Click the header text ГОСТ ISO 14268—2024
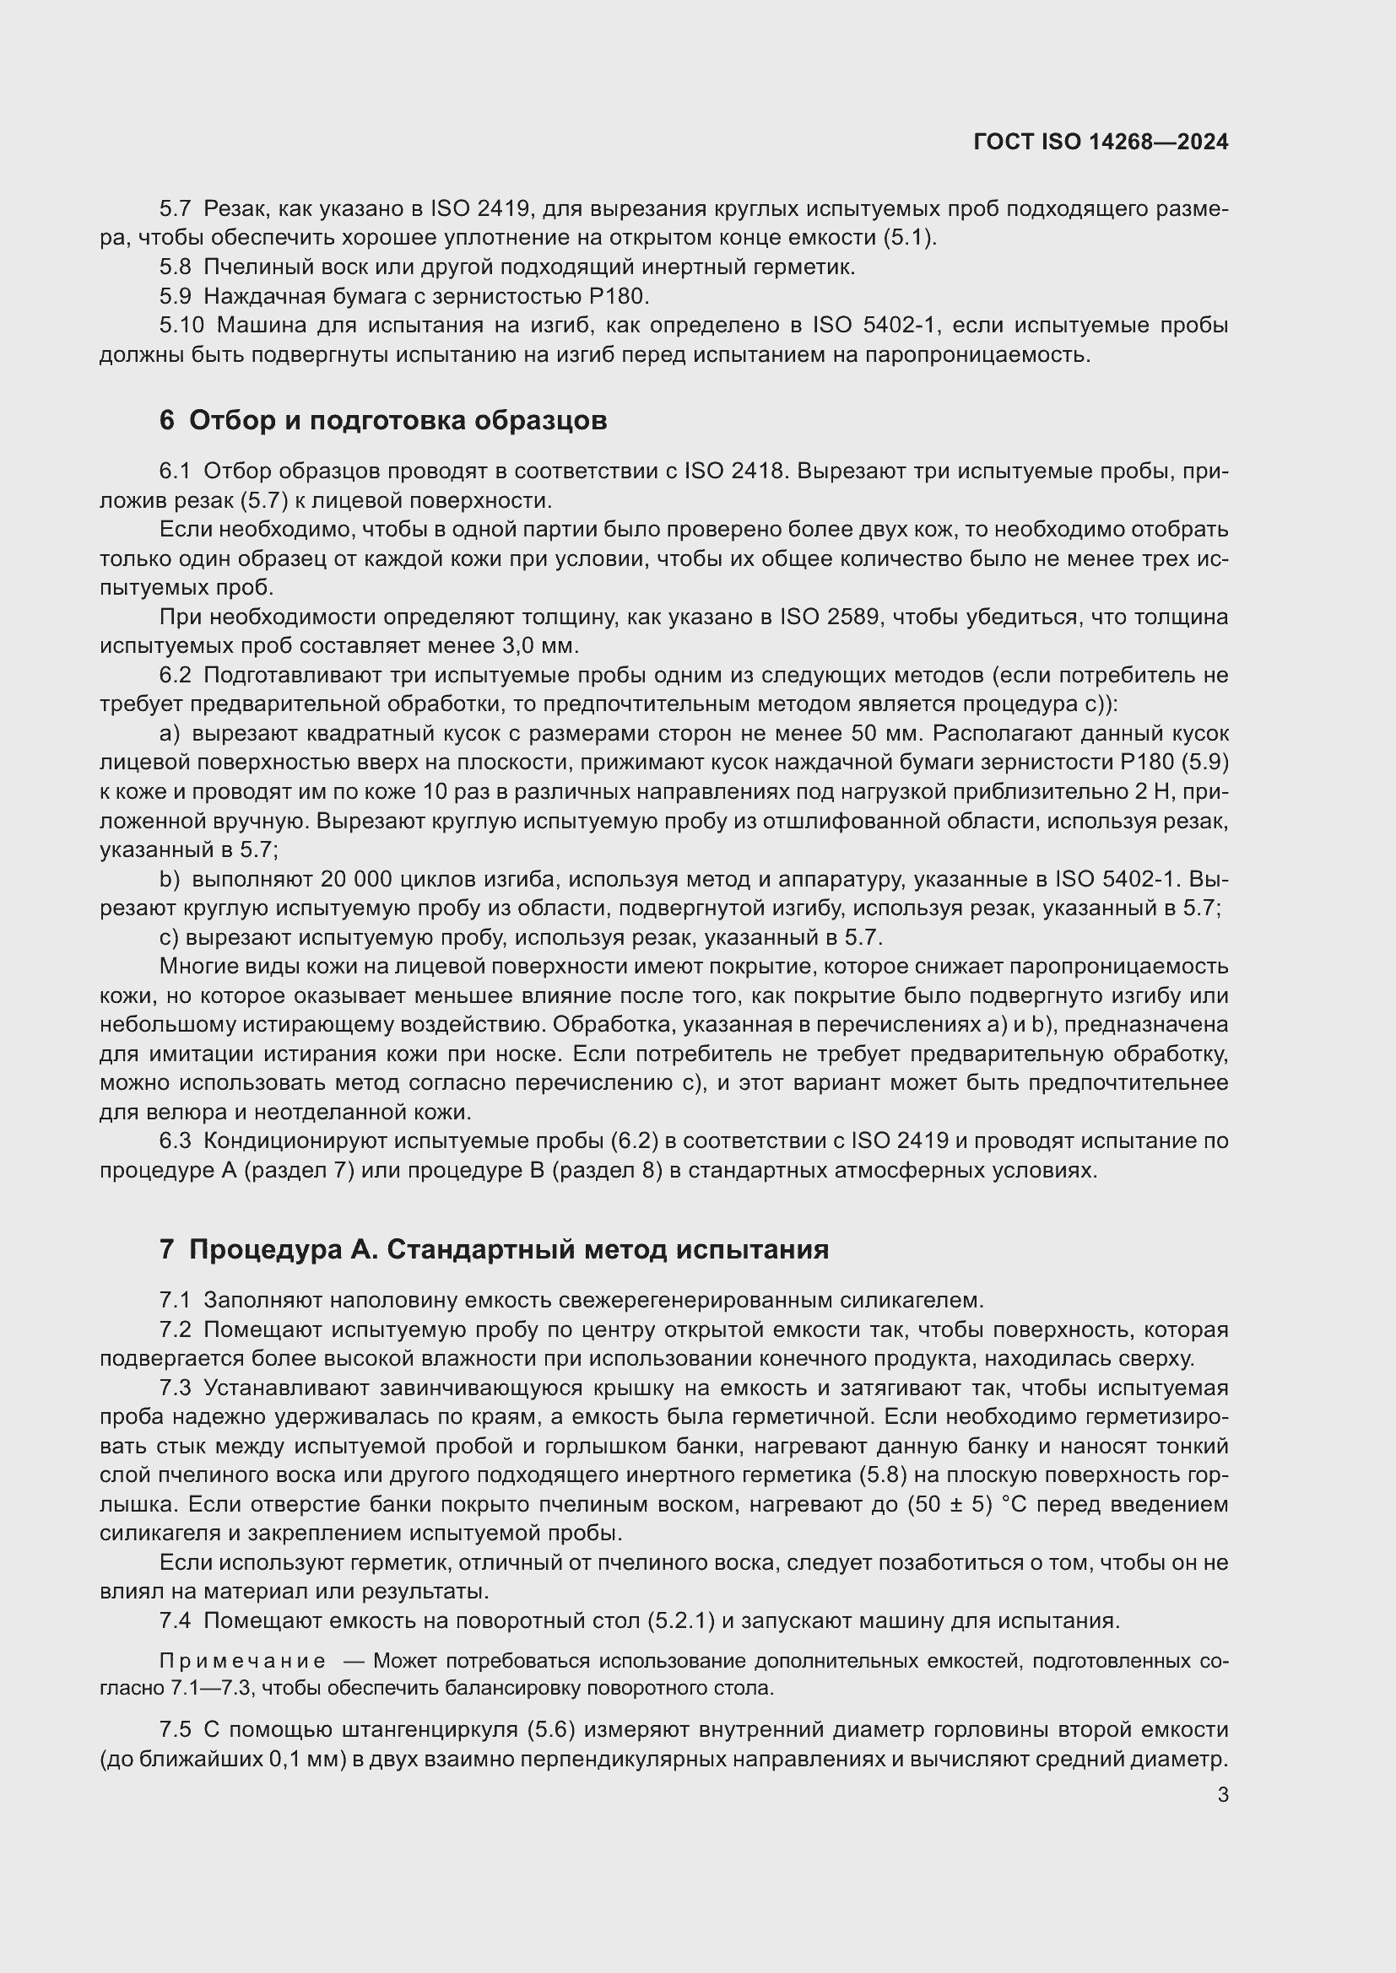click(x=1101, y=142)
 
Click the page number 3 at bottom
click(x=1222, y=1795)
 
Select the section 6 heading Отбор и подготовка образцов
click(x=382, y=420)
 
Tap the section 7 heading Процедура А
click(x=494, y=1249)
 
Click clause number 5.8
click(x=176, y=267)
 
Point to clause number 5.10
click(x=181, y=326)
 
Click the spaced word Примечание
click(x=243, y=1660)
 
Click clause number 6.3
click(x=176, y=1140)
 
